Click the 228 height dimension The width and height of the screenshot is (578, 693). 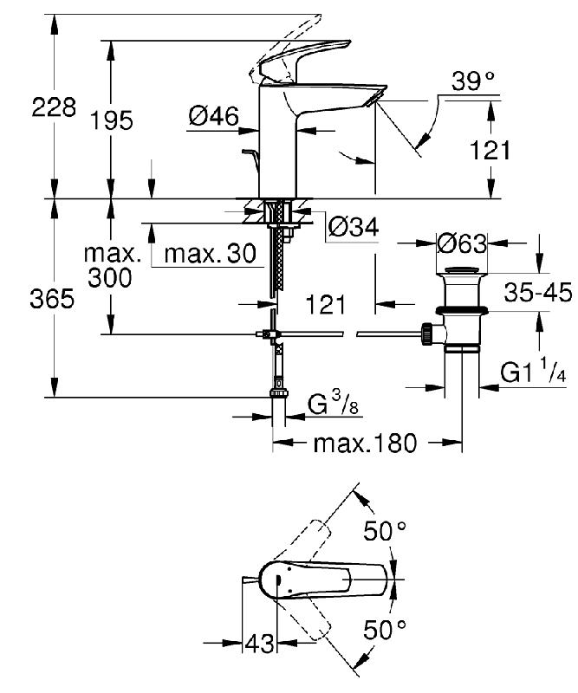54,107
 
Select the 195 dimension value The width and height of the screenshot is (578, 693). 112,120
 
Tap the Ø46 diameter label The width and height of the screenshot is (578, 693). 213,116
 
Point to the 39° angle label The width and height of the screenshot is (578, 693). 473,81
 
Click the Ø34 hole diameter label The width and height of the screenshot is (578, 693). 354,227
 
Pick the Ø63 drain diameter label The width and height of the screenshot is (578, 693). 462,243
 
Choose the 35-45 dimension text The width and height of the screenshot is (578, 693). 538,292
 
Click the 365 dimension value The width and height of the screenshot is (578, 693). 52,299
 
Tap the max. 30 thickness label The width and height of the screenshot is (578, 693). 210,254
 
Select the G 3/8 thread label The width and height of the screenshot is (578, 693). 333,404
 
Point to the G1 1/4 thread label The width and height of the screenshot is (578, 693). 533,372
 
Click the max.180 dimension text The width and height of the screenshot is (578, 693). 365,443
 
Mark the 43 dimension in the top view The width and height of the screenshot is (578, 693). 259,643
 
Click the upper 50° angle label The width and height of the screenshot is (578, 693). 385,531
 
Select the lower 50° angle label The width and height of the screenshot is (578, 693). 385,630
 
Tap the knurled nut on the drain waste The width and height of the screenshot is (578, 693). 427,334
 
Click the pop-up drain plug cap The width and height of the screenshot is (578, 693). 462,270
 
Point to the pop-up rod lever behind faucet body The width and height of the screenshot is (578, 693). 251,160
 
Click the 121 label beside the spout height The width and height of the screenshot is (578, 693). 490,150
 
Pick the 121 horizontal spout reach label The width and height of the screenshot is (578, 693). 326,305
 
